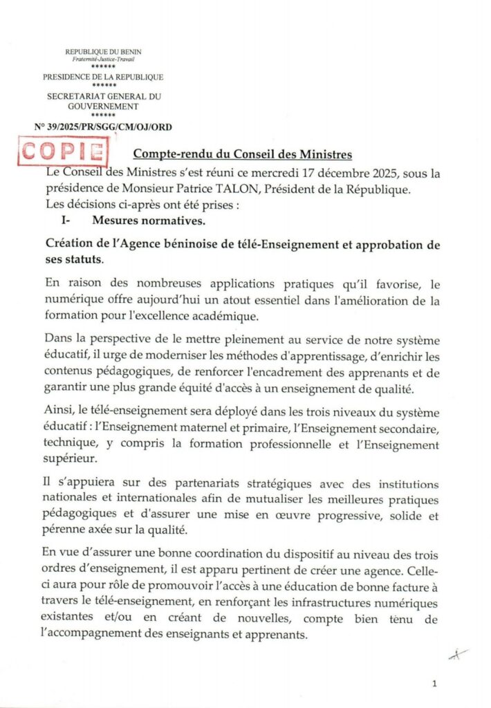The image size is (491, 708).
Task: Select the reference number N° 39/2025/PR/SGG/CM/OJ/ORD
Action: (103, 127)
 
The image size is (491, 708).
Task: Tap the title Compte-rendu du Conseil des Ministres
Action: (242, 153)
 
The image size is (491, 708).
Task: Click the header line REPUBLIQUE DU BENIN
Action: (103, 52)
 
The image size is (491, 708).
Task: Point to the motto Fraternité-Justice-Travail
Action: (103, 59)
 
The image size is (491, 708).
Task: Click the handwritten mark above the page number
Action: (457, 654)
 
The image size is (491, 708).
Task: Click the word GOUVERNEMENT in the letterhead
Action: (103, 106)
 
